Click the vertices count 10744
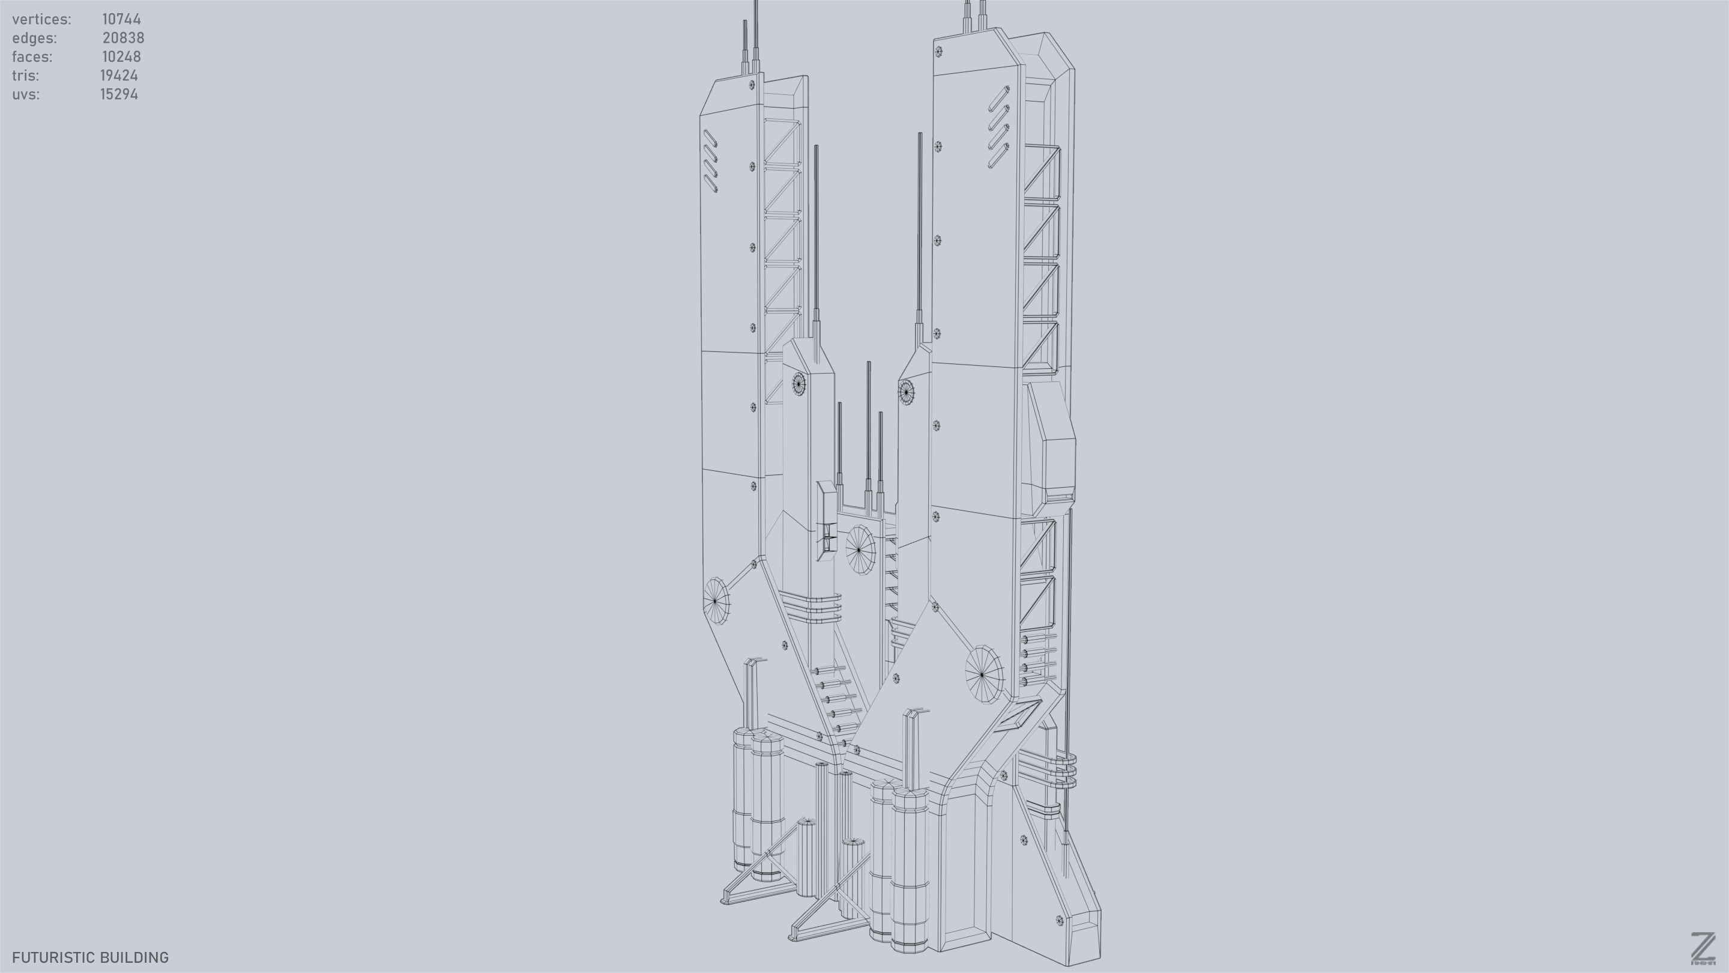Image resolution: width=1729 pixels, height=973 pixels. pyautogui.click(x=121, y=19)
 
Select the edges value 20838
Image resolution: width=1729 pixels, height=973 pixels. pyautogui.click(x=123, y=38)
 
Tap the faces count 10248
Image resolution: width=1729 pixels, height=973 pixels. pyautogui.click(x=121, y=57)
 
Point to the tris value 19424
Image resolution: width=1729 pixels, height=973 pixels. pyautogui.click(x=119, y=76)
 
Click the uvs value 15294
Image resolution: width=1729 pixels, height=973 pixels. pyautogui.click(x=119, y=95)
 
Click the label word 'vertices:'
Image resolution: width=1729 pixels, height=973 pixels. pyautogui.click(x=41, y=19)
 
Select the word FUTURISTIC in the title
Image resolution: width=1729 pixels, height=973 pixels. pyautogui.click(x=48, y=957)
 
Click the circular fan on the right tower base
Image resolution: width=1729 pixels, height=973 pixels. pyautogui.click(x=983, y=673)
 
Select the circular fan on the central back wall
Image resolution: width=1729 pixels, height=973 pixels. pyautogui.click(x=860, y=550)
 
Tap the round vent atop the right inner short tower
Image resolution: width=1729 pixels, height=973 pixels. pyautogui.click(x=906, y=392)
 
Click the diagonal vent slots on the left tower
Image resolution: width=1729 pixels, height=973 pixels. pyautogui.click(x=710, y=161)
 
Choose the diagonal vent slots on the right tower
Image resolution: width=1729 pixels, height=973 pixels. pyautogui.click(x=998, y=127)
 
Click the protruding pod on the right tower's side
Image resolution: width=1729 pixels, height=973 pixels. pyautogui.click(x=1052, y=443)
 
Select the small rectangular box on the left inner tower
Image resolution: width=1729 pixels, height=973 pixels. pyautogui.click(x=826, y=520)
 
